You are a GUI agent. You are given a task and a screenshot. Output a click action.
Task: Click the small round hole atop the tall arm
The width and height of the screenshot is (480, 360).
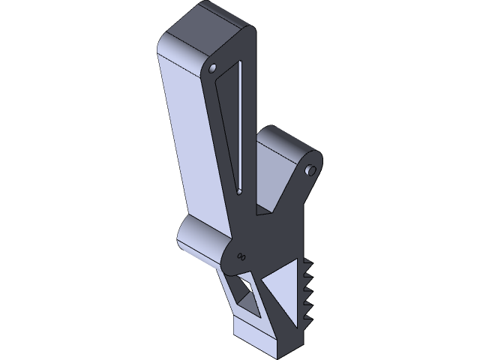pos(213,70)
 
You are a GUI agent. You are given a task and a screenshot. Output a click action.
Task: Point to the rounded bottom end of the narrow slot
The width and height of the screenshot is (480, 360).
pos(239,192)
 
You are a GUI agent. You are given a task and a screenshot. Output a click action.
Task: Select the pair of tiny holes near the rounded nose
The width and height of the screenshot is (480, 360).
pos(241,256)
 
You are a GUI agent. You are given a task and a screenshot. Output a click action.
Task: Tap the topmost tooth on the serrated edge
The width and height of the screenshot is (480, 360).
pos(308,263)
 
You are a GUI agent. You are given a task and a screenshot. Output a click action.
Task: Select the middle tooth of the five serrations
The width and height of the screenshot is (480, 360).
pos(308,292)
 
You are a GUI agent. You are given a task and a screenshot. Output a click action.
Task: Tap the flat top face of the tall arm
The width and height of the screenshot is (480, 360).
pos(206,30)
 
